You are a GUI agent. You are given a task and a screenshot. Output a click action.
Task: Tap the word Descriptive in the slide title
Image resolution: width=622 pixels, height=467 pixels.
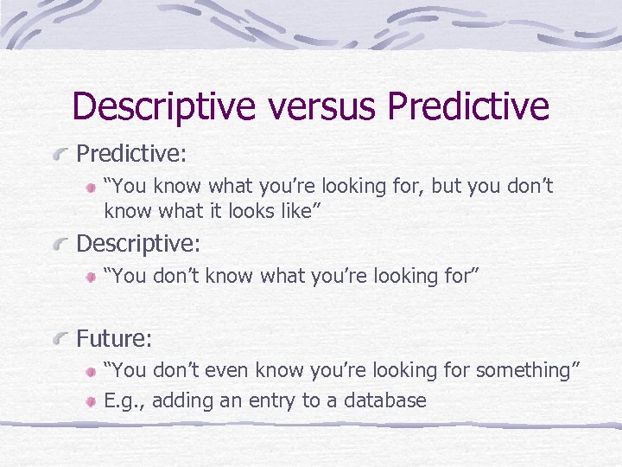pyautogui.click(x=164, y=107)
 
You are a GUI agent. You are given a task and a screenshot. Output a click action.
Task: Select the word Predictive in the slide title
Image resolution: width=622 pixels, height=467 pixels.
pyautogui.click(x=468, y=107)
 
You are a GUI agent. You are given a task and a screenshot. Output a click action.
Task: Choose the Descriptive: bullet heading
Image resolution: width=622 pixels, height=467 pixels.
pyautogui.click(x=138, y=244)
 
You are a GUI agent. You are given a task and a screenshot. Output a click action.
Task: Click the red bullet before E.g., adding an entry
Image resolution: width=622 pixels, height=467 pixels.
pyautogui.click(x=92, y=402)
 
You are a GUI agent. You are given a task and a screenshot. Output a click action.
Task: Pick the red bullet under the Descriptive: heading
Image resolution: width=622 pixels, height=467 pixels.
pyautogui.click(x=92, y=278)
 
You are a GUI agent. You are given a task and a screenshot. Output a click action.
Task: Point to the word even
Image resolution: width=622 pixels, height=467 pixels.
pyautogui.click(x=217, y=370)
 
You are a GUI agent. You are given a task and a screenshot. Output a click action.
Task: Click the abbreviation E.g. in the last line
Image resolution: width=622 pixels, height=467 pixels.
pyautogui.click(x=122, y=401)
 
